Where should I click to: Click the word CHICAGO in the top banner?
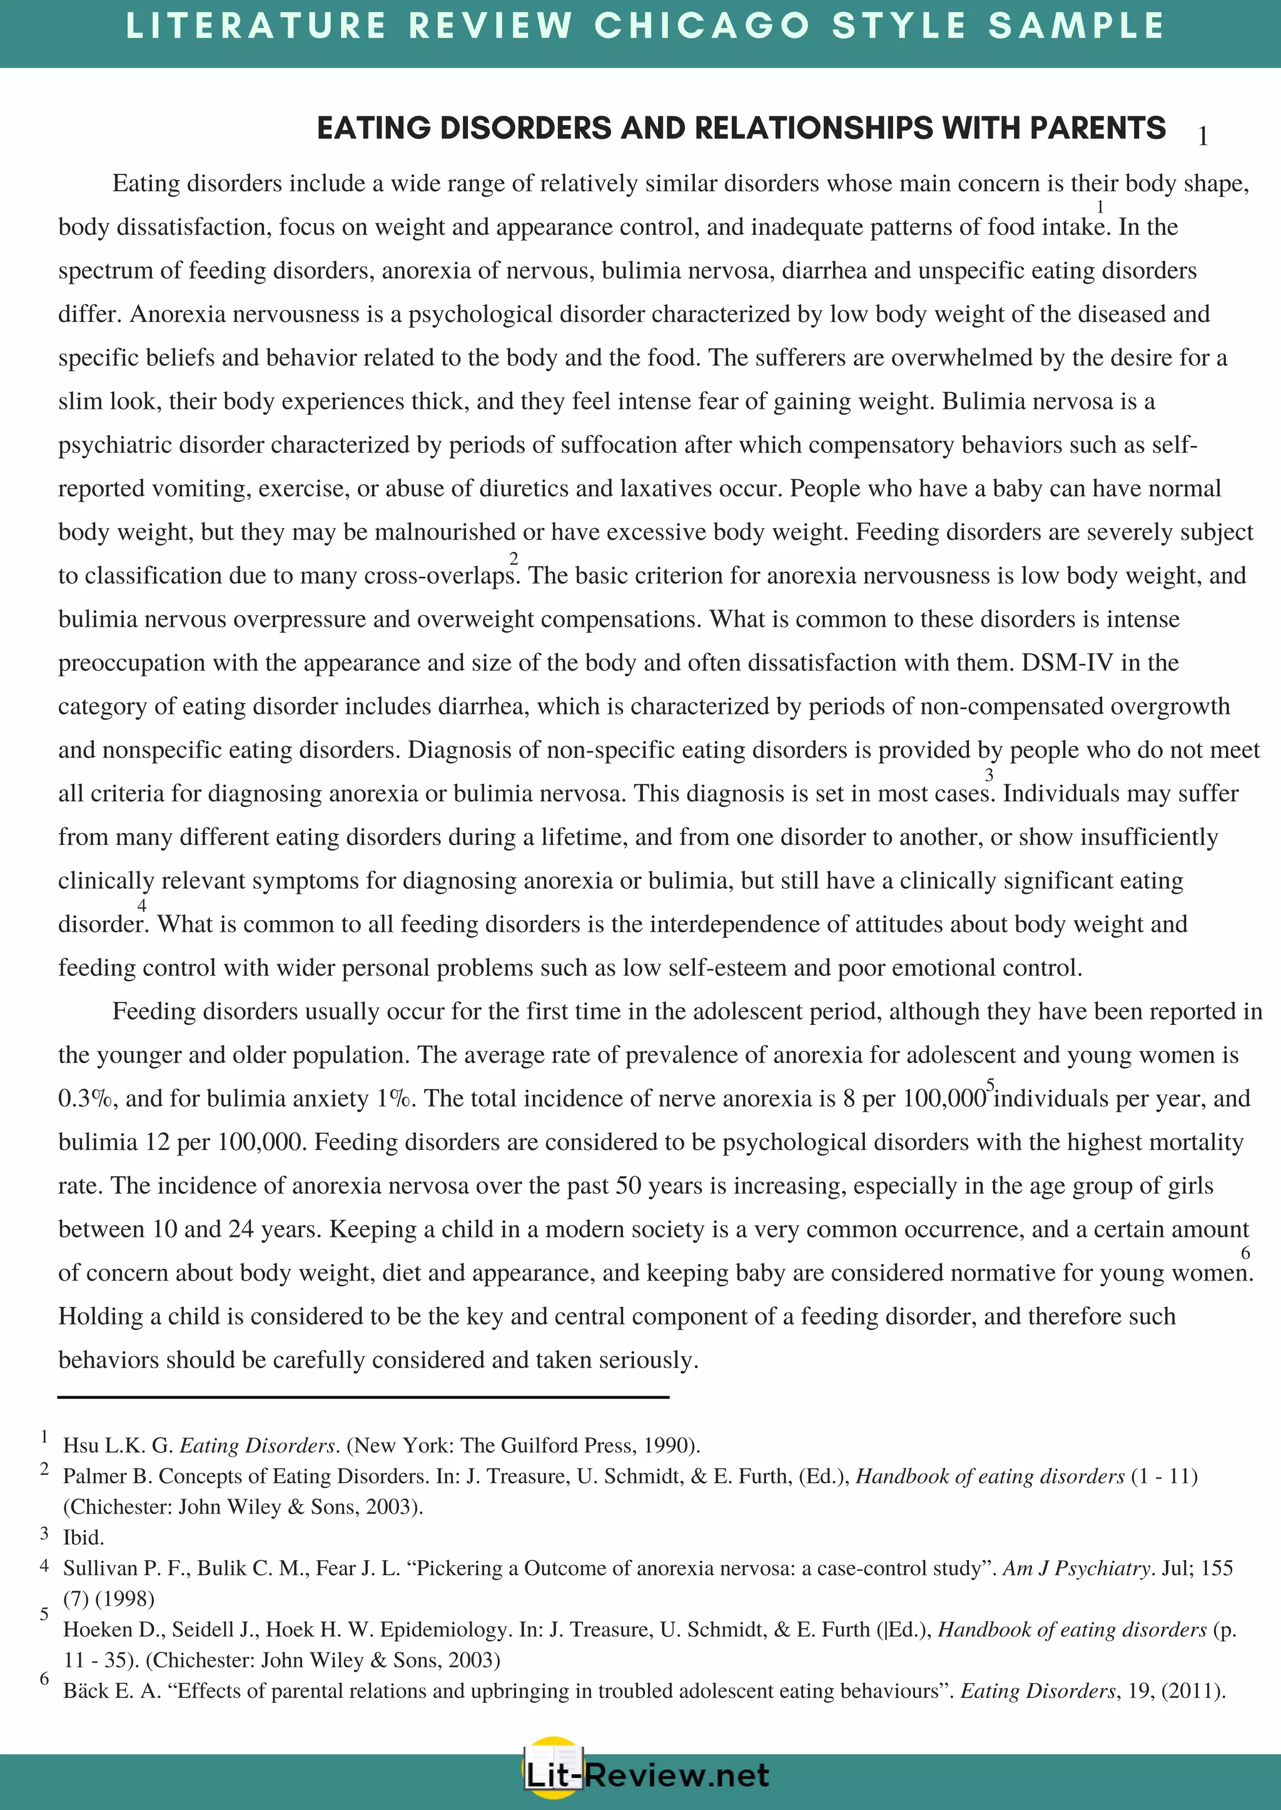[x=701, y=26]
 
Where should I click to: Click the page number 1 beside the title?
[x=1203, y=136]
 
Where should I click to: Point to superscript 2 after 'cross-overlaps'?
[x=514, y=558]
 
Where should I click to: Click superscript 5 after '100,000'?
[x=991, y=1084]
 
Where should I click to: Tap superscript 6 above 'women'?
[x=1245, y=1252]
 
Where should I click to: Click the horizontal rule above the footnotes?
[x=363, y=1397]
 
